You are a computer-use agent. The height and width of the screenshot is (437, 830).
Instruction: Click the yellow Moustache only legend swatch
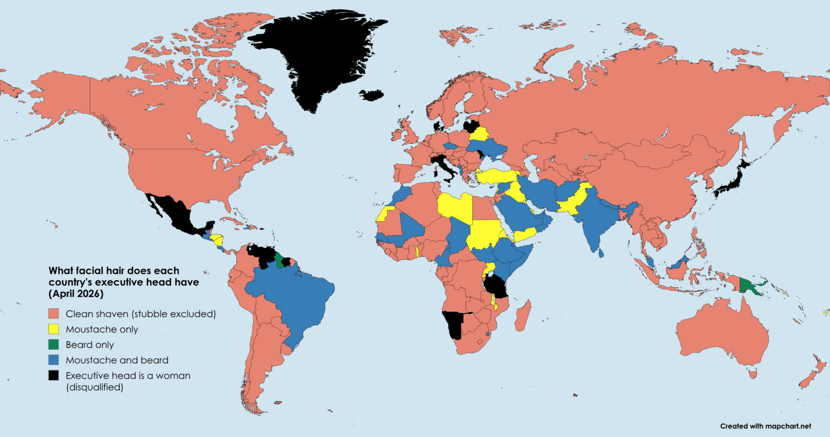[53, 329]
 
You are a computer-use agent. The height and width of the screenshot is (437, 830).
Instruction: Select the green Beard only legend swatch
[53, 345]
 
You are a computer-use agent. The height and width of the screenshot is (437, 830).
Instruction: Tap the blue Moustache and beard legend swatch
[53, 360]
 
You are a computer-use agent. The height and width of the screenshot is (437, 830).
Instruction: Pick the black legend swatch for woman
[53, 375]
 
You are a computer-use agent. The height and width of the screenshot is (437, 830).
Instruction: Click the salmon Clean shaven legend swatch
[53, 314]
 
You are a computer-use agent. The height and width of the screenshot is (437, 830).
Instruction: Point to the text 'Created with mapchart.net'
[766, 426]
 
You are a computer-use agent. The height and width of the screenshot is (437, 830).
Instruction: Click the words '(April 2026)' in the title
[76, 294]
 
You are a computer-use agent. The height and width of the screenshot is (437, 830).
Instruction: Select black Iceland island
[372, 95]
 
